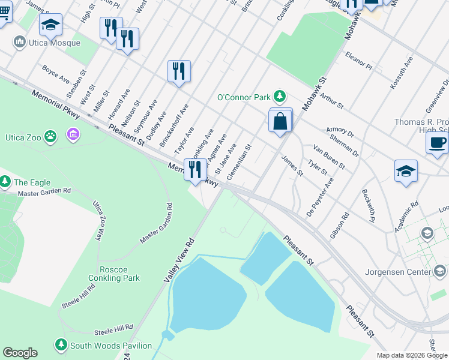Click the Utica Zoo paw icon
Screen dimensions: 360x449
pyautogui.click(x=50, y=137)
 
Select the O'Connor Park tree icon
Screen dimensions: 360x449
pyautogui.click(x=279, y=96)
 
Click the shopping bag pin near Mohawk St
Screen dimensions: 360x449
pyautogui.click(x=280, y=121)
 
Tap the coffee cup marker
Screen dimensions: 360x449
pyautogui.click(x=436, y=143)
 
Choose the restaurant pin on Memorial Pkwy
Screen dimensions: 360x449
pyautogui.click(x=194, y=170)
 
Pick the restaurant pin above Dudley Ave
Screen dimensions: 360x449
pyautogui.click(x=179, y=72)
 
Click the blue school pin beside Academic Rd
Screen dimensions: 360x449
pyautogui.click(x=406, y=171)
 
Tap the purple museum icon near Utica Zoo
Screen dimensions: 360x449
pyautogui.click(x=74, y=133)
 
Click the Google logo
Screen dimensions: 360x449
pyautogui.click(x=20, y=353)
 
